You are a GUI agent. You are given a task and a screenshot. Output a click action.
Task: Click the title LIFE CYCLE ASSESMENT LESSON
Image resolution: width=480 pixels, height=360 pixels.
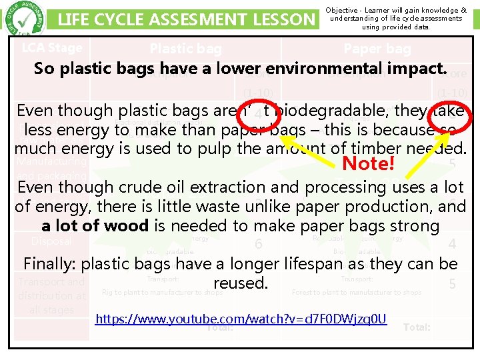point(186,20)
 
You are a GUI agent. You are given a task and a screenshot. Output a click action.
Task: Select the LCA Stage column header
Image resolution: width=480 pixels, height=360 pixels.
point(52,47)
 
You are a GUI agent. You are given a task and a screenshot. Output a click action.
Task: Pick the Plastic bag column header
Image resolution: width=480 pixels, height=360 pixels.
point(185,48)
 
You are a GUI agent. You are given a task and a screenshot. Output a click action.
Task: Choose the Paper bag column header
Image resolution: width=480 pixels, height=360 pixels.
point(377,48)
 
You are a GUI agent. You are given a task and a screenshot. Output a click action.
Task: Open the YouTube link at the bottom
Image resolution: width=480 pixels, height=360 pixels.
point(241,319)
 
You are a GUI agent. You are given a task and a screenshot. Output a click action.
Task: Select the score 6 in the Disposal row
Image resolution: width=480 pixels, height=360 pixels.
point(258,245)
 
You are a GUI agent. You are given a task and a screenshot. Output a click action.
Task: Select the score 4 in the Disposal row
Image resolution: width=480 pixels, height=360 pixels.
point(452,245)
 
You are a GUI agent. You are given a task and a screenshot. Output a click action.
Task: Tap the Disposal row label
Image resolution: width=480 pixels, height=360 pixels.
point(51,241)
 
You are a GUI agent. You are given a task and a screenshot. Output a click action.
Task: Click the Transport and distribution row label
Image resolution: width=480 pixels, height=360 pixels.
point(52,295)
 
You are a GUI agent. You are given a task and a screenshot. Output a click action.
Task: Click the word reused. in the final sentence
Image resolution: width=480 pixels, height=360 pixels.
point(240,283)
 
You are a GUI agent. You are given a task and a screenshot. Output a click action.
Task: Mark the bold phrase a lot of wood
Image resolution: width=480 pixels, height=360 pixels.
point(96,226)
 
